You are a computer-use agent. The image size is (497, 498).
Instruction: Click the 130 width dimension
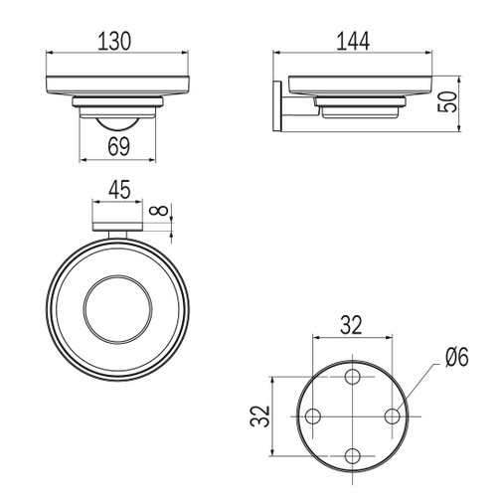click(x=114, y=41)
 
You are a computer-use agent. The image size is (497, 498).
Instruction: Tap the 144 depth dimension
click(x=353, y=42)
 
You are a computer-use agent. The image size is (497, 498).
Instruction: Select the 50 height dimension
click(x=447, y=102)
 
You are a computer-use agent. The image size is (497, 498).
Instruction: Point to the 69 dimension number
click(x=119, y=146)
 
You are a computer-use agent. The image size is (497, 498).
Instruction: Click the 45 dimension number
click(x=119, y=190)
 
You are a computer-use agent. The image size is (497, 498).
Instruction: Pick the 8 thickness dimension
click(x=159, y=211)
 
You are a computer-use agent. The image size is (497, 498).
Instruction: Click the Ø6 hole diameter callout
click(x=457, y=358)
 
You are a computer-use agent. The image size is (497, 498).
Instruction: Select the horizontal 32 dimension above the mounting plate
click(x=352, y=325)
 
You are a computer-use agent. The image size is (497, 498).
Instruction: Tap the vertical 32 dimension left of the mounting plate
click(x=260, y=416)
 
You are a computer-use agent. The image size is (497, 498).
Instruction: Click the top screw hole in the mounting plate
click(x=352, y=377)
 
